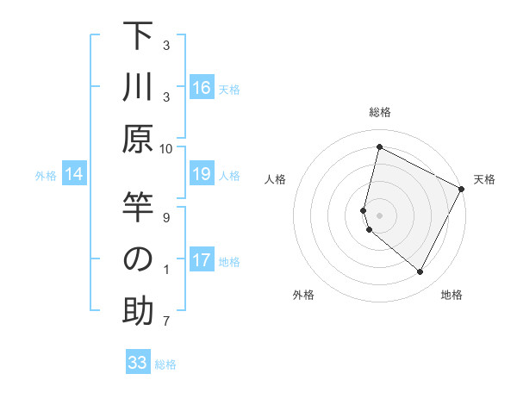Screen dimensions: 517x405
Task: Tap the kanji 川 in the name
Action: tap(138, 89)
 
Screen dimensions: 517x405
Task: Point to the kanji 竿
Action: tap(138, 209)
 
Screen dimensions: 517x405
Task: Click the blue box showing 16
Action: tap(202, 88)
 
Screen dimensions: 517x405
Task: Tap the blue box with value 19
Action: tap(202, 175)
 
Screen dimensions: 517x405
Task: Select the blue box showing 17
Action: tap(202, 261)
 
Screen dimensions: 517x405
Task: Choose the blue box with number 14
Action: tap(74, 175)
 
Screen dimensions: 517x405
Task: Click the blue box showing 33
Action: tap(138, 363)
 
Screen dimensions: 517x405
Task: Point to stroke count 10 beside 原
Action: tap(167, 148)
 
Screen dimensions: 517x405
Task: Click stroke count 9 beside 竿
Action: tap(167, 217)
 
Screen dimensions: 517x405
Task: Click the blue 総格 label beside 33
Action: tap(165, 364)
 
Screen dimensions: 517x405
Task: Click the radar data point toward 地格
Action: tap(420, 272)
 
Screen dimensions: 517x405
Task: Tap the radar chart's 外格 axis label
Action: tap(303, 295)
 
